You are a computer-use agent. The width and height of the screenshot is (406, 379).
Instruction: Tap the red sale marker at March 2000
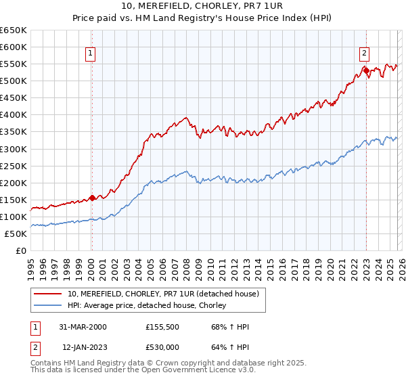(92, 198)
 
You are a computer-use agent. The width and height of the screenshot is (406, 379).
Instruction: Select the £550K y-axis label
(14, 64)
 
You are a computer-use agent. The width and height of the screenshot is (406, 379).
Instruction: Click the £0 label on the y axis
(20, 251)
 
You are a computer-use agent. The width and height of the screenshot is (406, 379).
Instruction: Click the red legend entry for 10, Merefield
(163, 294)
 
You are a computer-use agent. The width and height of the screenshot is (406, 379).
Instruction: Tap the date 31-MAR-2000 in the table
(83, 328)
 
